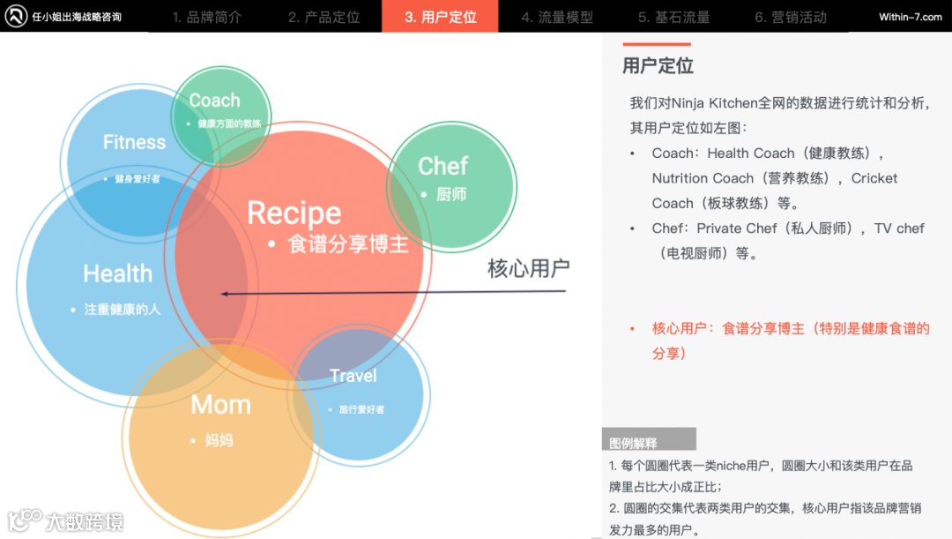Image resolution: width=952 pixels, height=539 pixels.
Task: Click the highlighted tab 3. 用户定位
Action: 440,17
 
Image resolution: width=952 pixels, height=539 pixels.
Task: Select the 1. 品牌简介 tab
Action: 206,17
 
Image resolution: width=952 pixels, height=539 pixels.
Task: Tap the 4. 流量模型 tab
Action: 556,17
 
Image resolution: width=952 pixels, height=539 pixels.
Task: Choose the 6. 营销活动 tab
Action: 791,17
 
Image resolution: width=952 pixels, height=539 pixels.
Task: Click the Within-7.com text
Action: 910,17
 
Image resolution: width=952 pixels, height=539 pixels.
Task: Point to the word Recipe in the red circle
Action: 294,213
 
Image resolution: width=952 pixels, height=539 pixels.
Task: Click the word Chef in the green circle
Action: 443,166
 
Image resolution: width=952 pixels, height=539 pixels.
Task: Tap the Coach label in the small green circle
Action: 214,101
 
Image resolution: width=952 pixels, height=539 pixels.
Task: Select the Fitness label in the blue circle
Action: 134,142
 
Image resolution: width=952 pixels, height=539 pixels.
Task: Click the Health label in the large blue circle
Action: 117,273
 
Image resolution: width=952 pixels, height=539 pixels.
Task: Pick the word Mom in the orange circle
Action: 220,405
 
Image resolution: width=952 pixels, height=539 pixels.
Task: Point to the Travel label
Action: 353,376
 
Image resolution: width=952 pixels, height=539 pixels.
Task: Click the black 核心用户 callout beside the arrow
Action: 529,267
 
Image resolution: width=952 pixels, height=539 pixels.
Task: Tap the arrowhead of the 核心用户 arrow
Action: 225,293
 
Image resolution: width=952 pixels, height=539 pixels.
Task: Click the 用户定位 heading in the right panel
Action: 658,66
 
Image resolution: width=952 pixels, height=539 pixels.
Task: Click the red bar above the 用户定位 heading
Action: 657,44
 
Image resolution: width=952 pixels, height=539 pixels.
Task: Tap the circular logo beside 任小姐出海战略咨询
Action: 16,16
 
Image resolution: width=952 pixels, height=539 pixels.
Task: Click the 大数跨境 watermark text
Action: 85,521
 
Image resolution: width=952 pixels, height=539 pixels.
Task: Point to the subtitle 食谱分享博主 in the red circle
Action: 348,244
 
